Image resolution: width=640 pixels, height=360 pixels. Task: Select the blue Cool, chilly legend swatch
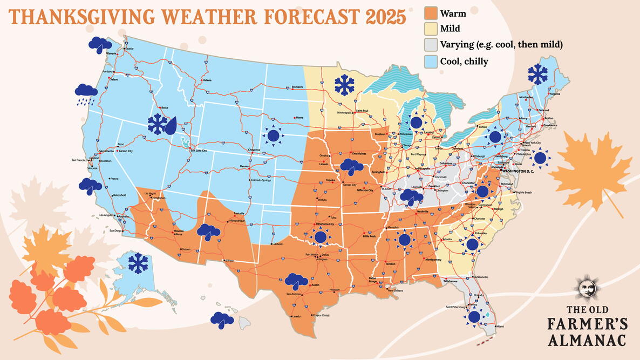[x=430, y=61]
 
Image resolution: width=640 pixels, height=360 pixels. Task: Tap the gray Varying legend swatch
[x=430, y=45]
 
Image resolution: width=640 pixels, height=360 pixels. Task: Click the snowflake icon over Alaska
[x=138, y=263]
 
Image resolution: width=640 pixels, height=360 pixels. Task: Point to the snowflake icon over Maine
[x=537, y=74]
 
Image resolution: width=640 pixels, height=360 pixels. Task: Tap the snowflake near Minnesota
[x=344, y=85]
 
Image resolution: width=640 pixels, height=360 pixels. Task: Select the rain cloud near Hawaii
[x=222, y=320]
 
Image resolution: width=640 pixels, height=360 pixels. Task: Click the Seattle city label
[x=129, y=49]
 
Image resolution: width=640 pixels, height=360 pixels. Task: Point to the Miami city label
[x=500, y=327]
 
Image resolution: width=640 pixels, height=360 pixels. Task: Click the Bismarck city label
[x=297, y=86]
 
